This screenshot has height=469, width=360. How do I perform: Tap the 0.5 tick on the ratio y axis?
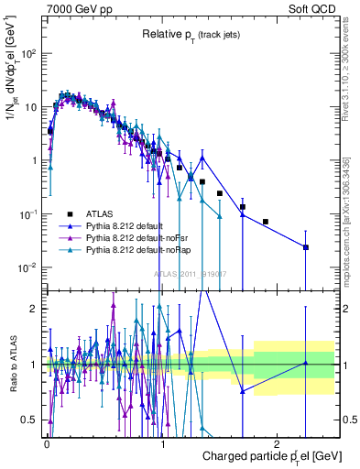pos(32,420)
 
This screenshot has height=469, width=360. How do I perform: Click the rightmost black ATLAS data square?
pos(306,247)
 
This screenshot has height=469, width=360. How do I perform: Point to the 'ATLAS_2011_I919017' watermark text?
pos(191,273)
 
